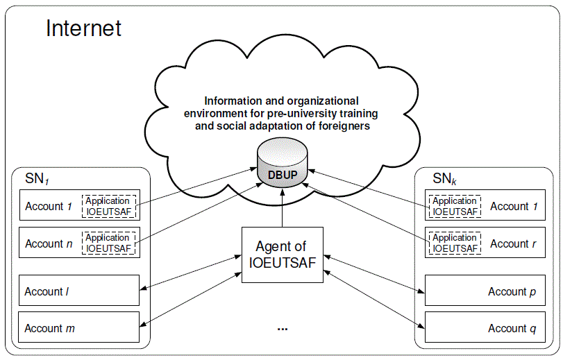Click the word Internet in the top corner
click(83, 28)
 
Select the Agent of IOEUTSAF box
click(282, 255)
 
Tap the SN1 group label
click(35, 179)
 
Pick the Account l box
click(79, 292)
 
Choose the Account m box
click(79, 328)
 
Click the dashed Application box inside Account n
click(108, 243)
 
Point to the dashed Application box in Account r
click(454, 243)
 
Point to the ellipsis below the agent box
click(282, 328)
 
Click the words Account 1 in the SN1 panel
click(49, 206)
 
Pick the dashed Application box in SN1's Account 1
click(108, 206)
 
